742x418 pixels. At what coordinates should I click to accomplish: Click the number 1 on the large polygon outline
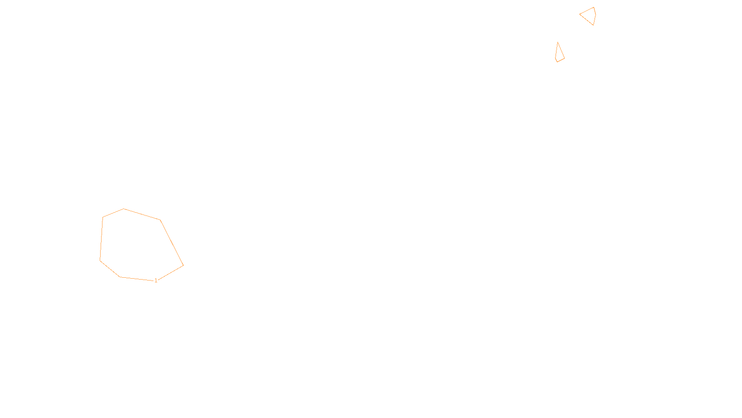point(156,281)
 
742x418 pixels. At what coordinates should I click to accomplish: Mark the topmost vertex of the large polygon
point(124,209)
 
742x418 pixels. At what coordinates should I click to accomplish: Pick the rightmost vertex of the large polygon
point(183,265)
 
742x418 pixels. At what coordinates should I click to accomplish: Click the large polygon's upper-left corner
point(103,217)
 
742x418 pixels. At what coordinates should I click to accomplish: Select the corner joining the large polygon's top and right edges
point(160,220)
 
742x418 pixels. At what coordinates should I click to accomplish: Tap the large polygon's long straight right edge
point(172,242)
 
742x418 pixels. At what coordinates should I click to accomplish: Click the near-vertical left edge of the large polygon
point(102,239)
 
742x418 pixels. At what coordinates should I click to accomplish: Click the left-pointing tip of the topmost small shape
point(580,14)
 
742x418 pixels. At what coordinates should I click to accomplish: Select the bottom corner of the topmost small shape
point(594,25)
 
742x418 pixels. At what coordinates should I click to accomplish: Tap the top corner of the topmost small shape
point(594,7)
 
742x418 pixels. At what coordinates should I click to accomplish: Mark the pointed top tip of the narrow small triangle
point(558,42)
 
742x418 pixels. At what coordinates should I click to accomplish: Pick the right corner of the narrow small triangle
point(564,58)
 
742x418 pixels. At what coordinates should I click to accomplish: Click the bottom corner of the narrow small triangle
point(557,62)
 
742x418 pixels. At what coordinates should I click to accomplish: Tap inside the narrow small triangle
point(559,55)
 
